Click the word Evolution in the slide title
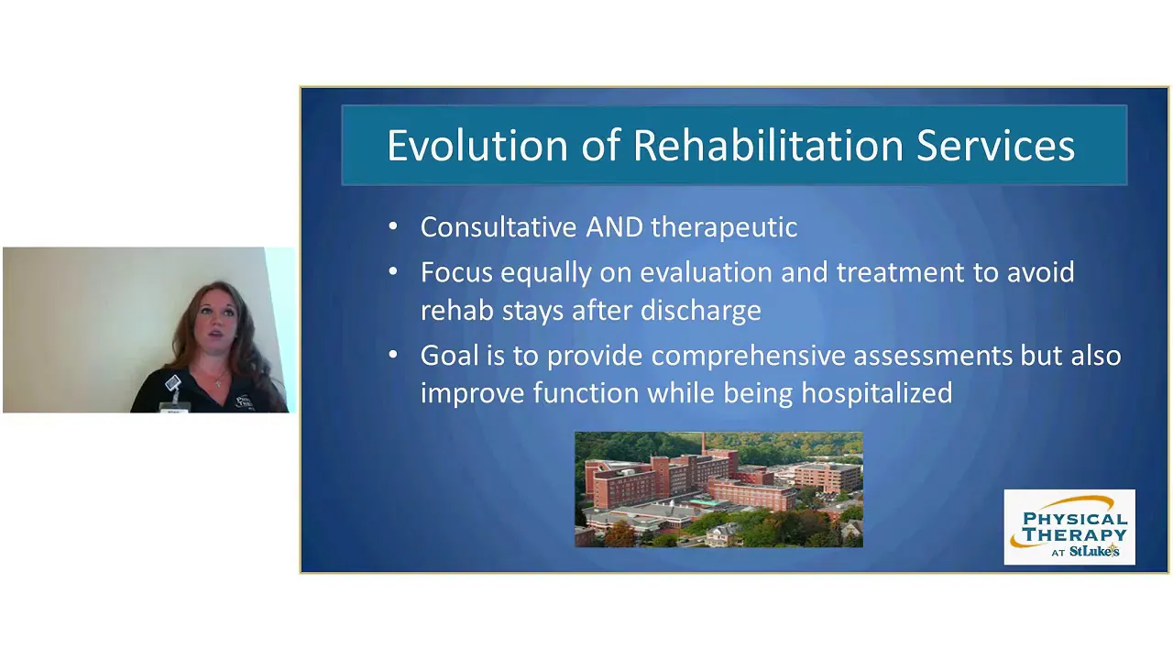tap(477, 145)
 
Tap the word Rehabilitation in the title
tap(769, 145)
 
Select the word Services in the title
tap(995, 145)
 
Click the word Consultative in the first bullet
tap(499, 226)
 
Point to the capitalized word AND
tap(614, 226)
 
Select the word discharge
tap(701, 312)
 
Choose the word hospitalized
tap(877, 394)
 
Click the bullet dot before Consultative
tap(393, 226)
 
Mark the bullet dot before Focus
tap(393, 272)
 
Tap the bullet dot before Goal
tap(393, 355)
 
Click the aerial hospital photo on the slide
tap(718, 489)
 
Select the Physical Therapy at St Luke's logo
tap(1069, 527)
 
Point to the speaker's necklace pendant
tap(218, 384)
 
